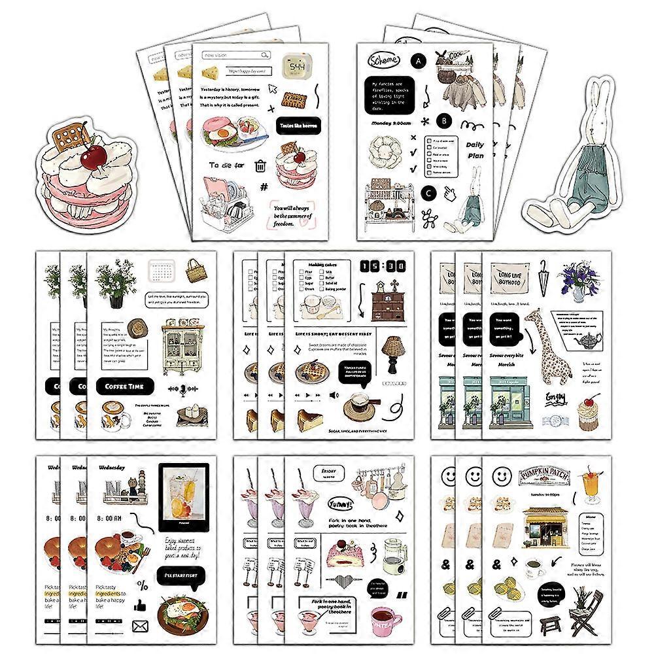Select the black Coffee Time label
[x=124, y=387]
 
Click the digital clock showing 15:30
[x=381, y=266]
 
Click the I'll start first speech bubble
[x=179, y=576]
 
